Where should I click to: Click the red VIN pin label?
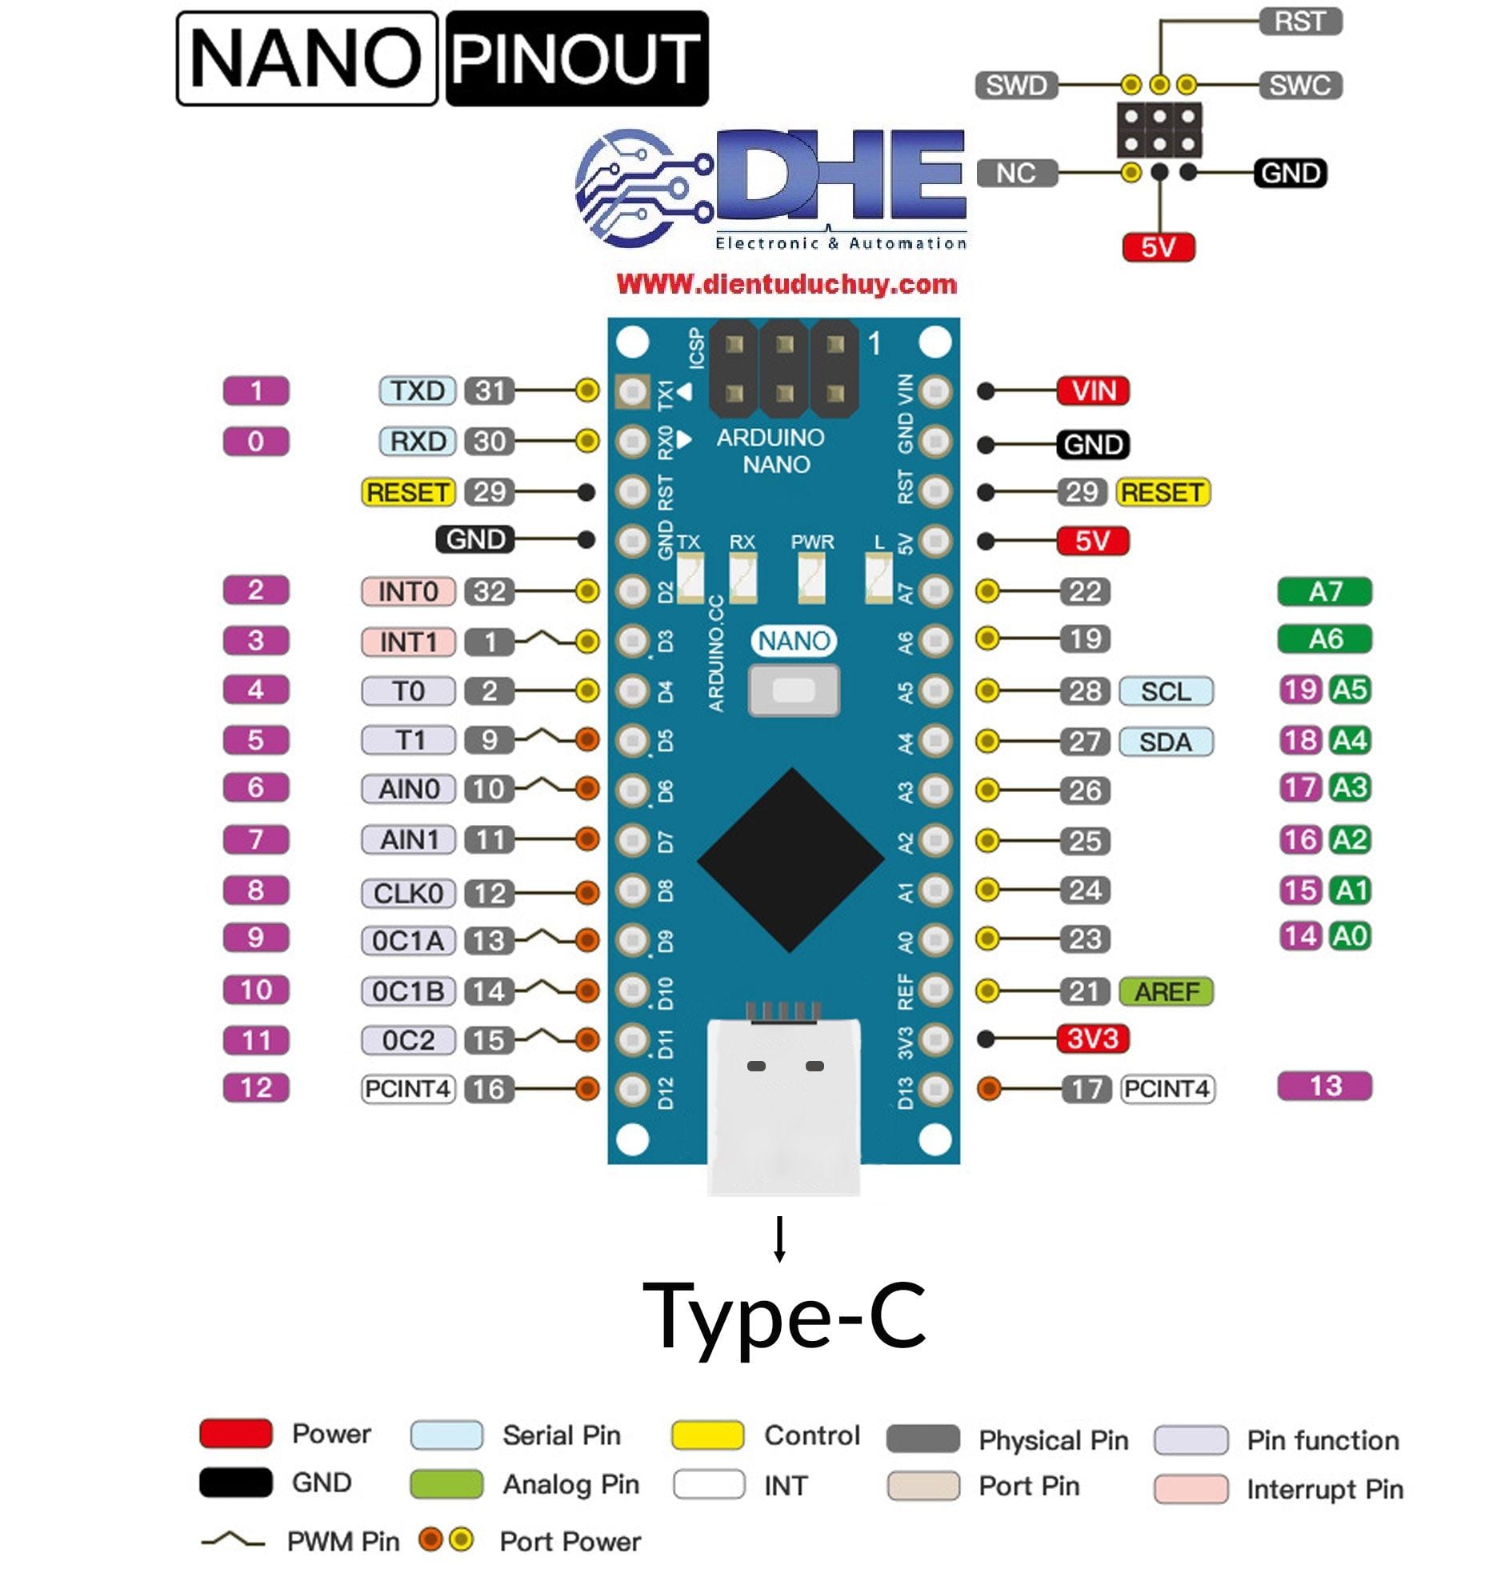pyautogui.click(x=1092, y=391)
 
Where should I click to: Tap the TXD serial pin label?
pyautogui.click(x=417, y=391)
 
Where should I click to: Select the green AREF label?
pyautogui.click(x=1166, y=991)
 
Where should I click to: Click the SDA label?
pyautogui.click(x=1165, y=742)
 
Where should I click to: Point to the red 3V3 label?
pyautogui.click(x=1092, y=1039)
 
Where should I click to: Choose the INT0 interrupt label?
pyautogui.click(x=408, y=591)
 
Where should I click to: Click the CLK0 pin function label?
pyautogui.click(x=408, y=893)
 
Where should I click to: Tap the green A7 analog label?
pyautogui.click(x=1324, y=591)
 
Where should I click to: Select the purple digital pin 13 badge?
pyautogui.click(x=1324, y=1086)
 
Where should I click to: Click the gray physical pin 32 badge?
pyautogui.click(x=490, y=591)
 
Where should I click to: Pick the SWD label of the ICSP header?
pyautogui.click(x=1016, y=85)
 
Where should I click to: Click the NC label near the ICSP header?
pyautogui.click(x=1016, y=173)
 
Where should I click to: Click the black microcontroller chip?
pyautogui.click(x=791, y=860)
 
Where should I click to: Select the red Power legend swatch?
pyautogui.click(x=235, y=1434)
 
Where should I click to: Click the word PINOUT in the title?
pyautogui.click(x=576, y=58)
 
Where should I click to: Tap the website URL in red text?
pyautogui.click(x=787, y=284)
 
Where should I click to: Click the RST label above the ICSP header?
pyautogui.click(x=1299, y=22)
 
